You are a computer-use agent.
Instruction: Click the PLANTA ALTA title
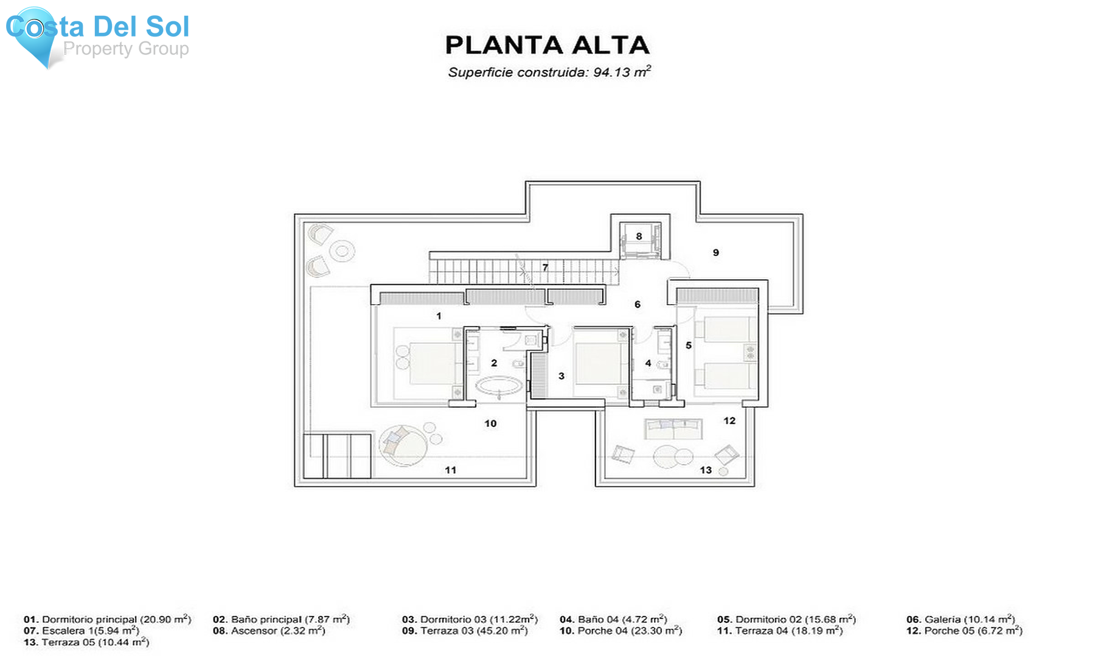(547, 46)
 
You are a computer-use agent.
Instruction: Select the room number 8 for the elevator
(639, 236)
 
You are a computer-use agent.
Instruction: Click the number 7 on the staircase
(545, 267)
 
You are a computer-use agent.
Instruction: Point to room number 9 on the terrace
(716, 252)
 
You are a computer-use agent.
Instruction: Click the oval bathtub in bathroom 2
(498, 386)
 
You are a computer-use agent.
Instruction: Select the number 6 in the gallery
(637, 304)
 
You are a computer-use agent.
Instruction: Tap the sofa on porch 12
(673, 429)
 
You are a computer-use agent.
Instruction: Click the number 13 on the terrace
(706, 470)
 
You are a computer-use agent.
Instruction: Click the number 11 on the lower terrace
(450, 470)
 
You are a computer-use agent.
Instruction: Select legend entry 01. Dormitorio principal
(107, 619)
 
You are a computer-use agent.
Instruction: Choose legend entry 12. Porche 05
(964, 631)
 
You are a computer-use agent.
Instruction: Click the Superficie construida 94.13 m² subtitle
(549, 72)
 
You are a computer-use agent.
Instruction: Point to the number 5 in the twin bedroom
(689, 345)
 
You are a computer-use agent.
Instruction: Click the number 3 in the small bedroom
(561, 376)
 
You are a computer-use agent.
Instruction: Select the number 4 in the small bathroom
(648, 363)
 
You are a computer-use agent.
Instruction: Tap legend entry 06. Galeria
(960, 619)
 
